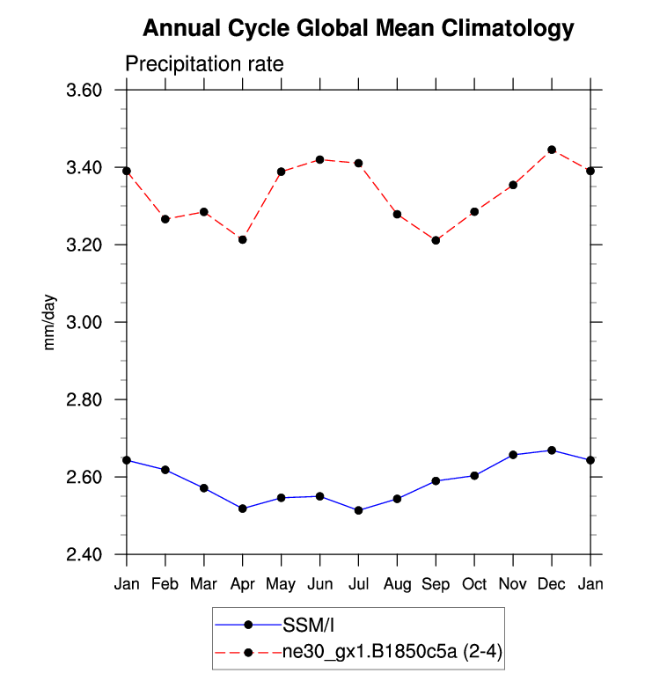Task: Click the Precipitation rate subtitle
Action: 203,65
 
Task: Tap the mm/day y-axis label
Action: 50,323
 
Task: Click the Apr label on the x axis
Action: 242,584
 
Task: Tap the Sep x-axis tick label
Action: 436,584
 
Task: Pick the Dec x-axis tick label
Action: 552,584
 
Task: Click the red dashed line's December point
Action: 552,150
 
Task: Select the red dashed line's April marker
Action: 242,239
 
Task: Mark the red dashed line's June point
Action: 319,159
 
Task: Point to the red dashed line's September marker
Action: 436,240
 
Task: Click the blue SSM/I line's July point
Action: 358,510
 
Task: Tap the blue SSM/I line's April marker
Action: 242,509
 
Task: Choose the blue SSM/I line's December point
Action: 552,450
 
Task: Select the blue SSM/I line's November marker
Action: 513,455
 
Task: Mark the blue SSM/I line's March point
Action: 203,488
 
